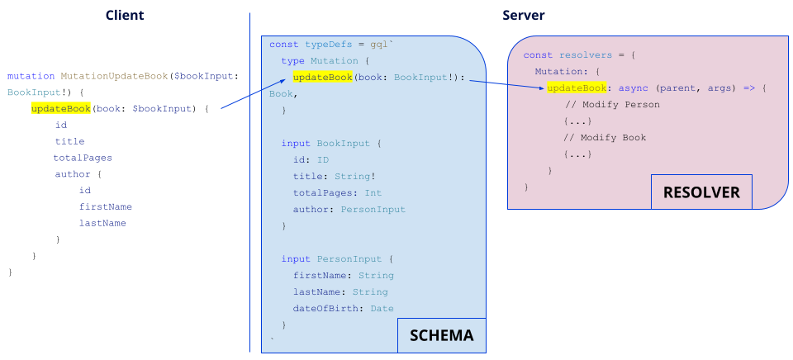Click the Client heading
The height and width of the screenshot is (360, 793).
coord(125,16)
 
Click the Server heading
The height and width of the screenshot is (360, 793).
coord(523,16)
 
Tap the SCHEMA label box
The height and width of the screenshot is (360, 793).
coord(441,335)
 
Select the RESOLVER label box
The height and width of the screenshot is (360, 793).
coord(701,192)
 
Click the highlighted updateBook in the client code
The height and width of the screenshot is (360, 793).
coord(60,108)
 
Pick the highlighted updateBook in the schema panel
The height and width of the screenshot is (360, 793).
coord(322,78)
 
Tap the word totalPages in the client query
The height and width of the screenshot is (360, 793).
coord(83,158)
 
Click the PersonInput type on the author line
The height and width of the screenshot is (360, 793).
coord(373,210)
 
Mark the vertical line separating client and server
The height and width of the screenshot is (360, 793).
coord(249,182)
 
